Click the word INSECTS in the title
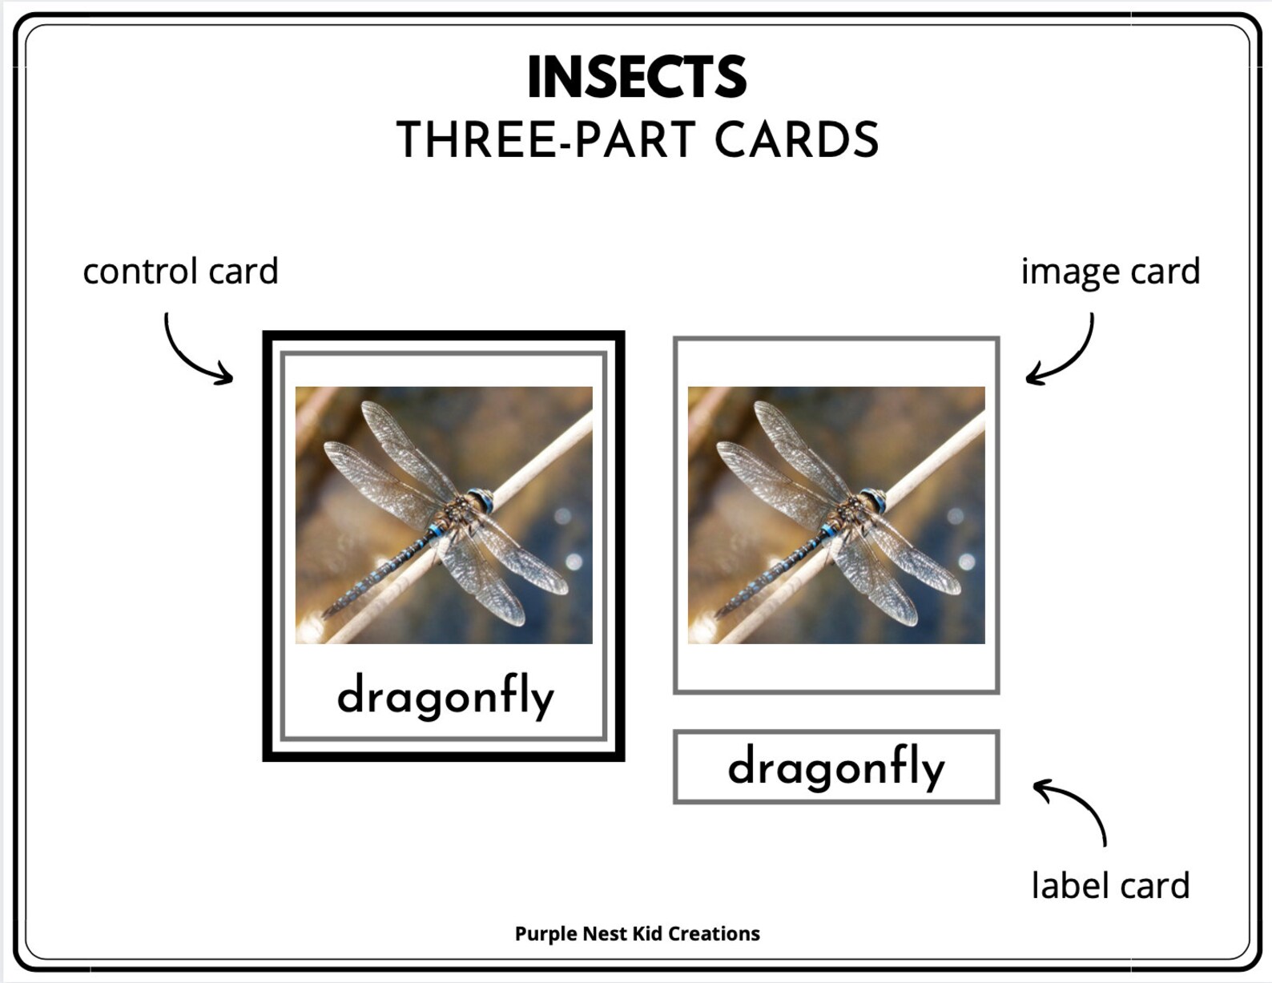pos(637,78)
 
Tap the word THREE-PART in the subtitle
pos(545,140)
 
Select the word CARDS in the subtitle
pos(796,140)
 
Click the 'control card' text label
pos(180,272)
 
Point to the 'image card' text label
pos(1109,272)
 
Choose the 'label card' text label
pos(1109,885)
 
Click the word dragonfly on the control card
pos(445,696)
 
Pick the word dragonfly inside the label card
pos(836,767)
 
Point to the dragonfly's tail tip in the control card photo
pos(327,614)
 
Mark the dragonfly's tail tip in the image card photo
pos(719,614)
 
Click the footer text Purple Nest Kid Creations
pos(637,933)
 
